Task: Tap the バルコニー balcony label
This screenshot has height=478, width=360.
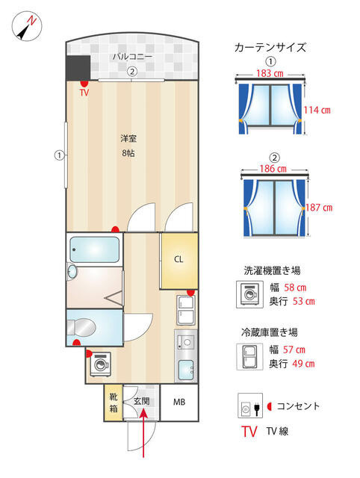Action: point(132,57)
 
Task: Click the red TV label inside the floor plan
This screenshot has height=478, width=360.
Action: point(84,93)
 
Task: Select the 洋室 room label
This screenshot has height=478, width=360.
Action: point(130,139)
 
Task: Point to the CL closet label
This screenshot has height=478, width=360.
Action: point(179,260)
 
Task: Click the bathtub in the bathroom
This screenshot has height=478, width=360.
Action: point(93,249)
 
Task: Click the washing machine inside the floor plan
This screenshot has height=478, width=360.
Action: point(100,366)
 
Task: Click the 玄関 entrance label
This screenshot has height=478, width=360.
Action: point(141,401)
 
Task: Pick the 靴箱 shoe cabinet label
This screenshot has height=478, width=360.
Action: point(113,403)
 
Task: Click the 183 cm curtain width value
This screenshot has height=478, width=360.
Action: point(270,75)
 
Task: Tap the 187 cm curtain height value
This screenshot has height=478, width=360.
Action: point(319,208)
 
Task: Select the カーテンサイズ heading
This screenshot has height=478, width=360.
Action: point(270,47)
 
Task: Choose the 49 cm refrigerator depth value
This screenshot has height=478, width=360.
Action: point(300,364)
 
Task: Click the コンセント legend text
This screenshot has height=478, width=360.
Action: point(298,406)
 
